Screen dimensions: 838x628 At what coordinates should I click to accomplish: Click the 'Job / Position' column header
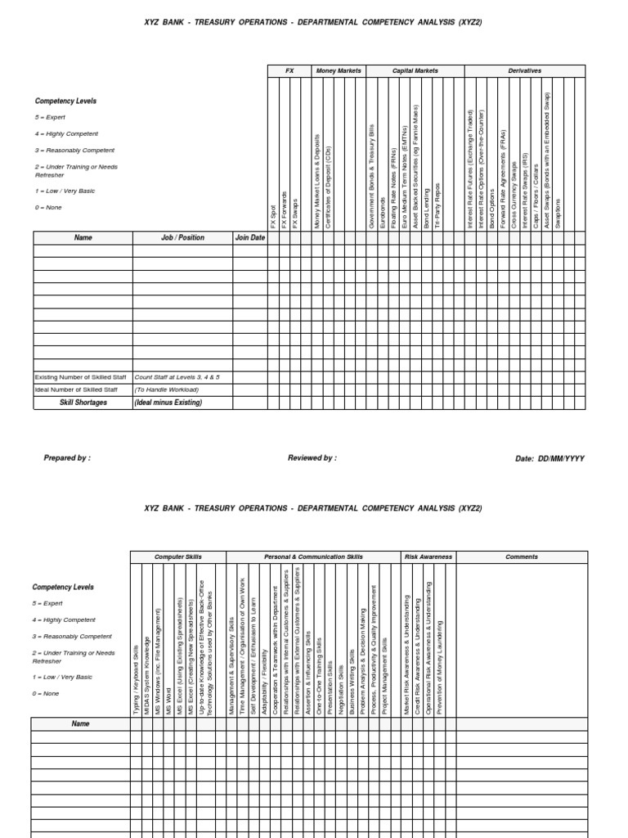point(182,238)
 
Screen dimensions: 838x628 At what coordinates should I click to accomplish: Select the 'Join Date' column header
point(250,238)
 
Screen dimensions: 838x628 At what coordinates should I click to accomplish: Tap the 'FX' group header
point(289,71)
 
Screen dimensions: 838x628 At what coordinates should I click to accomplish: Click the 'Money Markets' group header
point(339,71)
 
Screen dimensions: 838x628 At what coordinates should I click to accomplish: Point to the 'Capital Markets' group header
point(415,71)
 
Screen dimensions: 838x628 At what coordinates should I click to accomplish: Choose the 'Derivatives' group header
point(524,71)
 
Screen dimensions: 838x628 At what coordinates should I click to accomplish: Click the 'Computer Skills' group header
point(178,556)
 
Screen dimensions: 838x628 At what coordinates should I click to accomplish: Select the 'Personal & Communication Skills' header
point(313,556)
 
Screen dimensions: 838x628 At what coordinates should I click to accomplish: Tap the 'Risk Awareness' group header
point(428,556)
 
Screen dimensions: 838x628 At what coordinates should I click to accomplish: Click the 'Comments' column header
point(522,556)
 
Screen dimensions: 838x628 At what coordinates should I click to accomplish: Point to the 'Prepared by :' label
point(67,458)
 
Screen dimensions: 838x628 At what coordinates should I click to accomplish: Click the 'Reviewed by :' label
point(312,458)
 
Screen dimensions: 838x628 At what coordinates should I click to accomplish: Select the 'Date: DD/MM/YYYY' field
point(549,459)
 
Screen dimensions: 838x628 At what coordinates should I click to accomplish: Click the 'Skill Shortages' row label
point(83,403)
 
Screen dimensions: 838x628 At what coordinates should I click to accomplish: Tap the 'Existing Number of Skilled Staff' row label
point(80,377)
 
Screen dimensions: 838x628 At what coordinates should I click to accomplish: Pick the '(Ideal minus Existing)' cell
point(168,403)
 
